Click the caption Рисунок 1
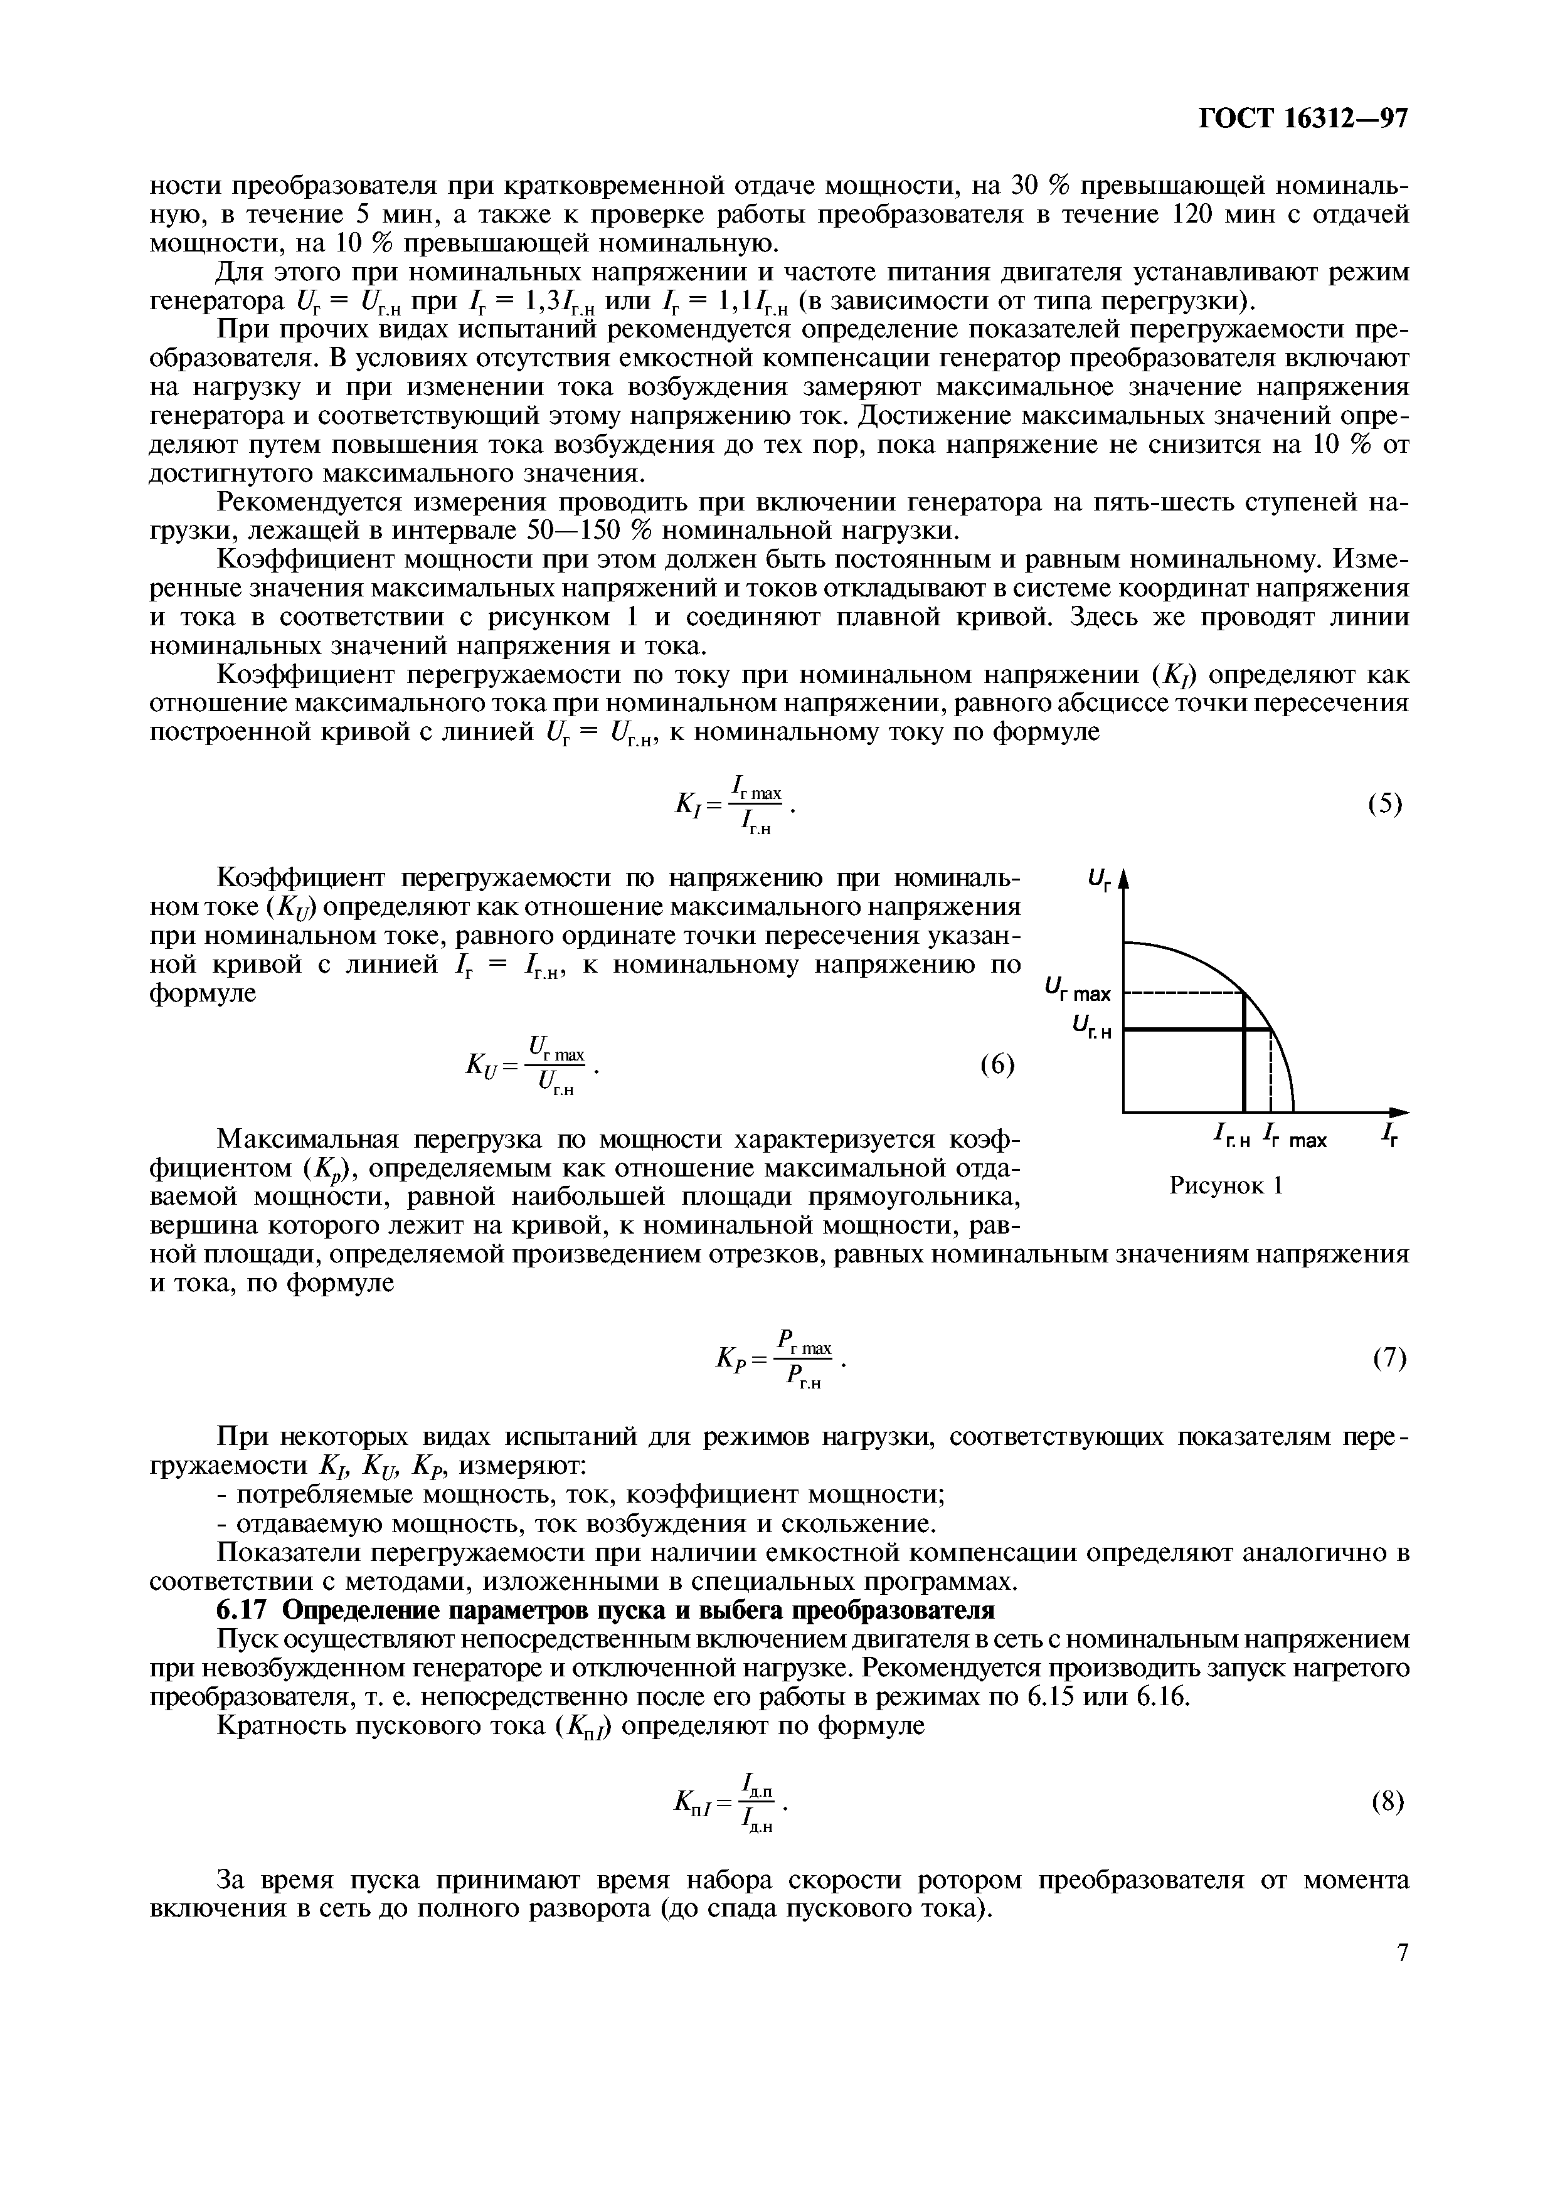click(x=1226, y=1185)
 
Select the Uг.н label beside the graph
click(x=1090, y=1029)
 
